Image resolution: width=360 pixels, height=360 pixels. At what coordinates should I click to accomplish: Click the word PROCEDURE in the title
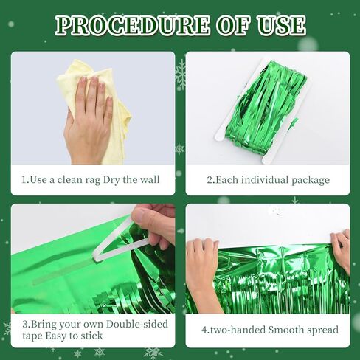pyautogui.click(x=133, y=25)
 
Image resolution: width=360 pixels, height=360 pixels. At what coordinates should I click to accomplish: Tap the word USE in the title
pyautogui.click(x=281, y=25)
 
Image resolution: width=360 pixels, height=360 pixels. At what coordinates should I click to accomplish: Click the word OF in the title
pyautogui.click(x=233, y=25)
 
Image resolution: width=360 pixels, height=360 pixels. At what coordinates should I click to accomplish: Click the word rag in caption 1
pyautogui.click(x=93, y=180)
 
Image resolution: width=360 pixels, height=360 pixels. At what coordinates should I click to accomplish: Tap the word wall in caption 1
pyautogui.click(x=150, y=179)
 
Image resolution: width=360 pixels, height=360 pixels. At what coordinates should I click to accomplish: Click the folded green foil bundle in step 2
pyautogui.click(x=267, y=108)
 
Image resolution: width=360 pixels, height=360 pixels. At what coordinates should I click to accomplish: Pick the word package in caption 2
pyautogui.click(x=311, y=180)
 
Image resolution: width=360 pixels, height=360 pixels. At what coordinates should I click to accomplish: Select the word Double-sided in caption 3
pyautogui.click(x=137, y=324)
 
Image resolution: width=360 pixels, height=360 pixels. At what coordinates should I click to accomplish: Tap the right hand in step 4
pyautogui.click(x=341, y=249)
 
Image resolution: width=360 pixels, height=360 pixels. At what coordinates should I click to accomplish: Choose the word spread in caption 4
pyautogui.click(x=323, y=330)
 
